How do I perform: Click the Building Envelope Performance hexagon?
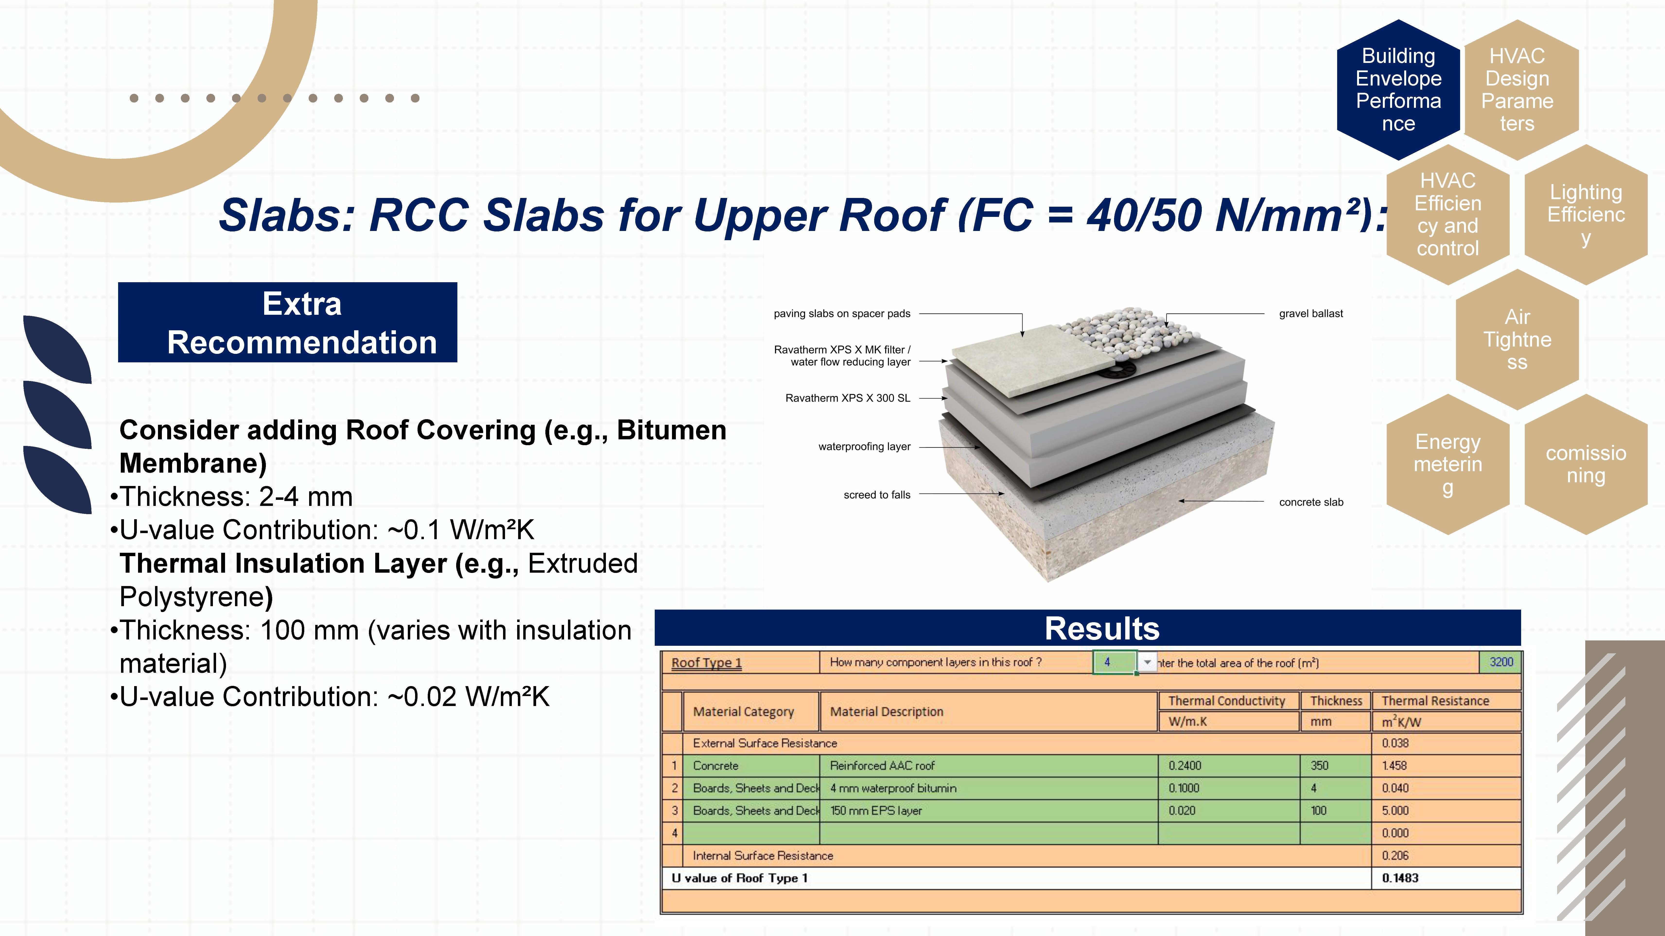point(1398,90)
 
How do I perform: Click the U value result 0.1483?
point(1400,878)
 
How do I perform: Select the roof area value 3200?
point(1501,662)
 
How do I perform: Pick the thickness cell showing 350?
point(1319,766)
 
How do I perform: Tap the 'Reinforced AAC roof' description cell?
point(882,766)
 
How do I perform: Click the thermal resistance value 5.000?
point(1395,811)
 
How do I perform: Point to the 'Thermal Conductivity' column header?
point(1227,701)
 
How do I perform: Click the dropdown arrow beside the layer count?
point(1147,662)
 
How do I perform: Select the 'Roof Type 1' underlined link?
point(706,663)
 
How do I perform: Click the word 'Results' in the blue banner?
point(1102,629)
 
